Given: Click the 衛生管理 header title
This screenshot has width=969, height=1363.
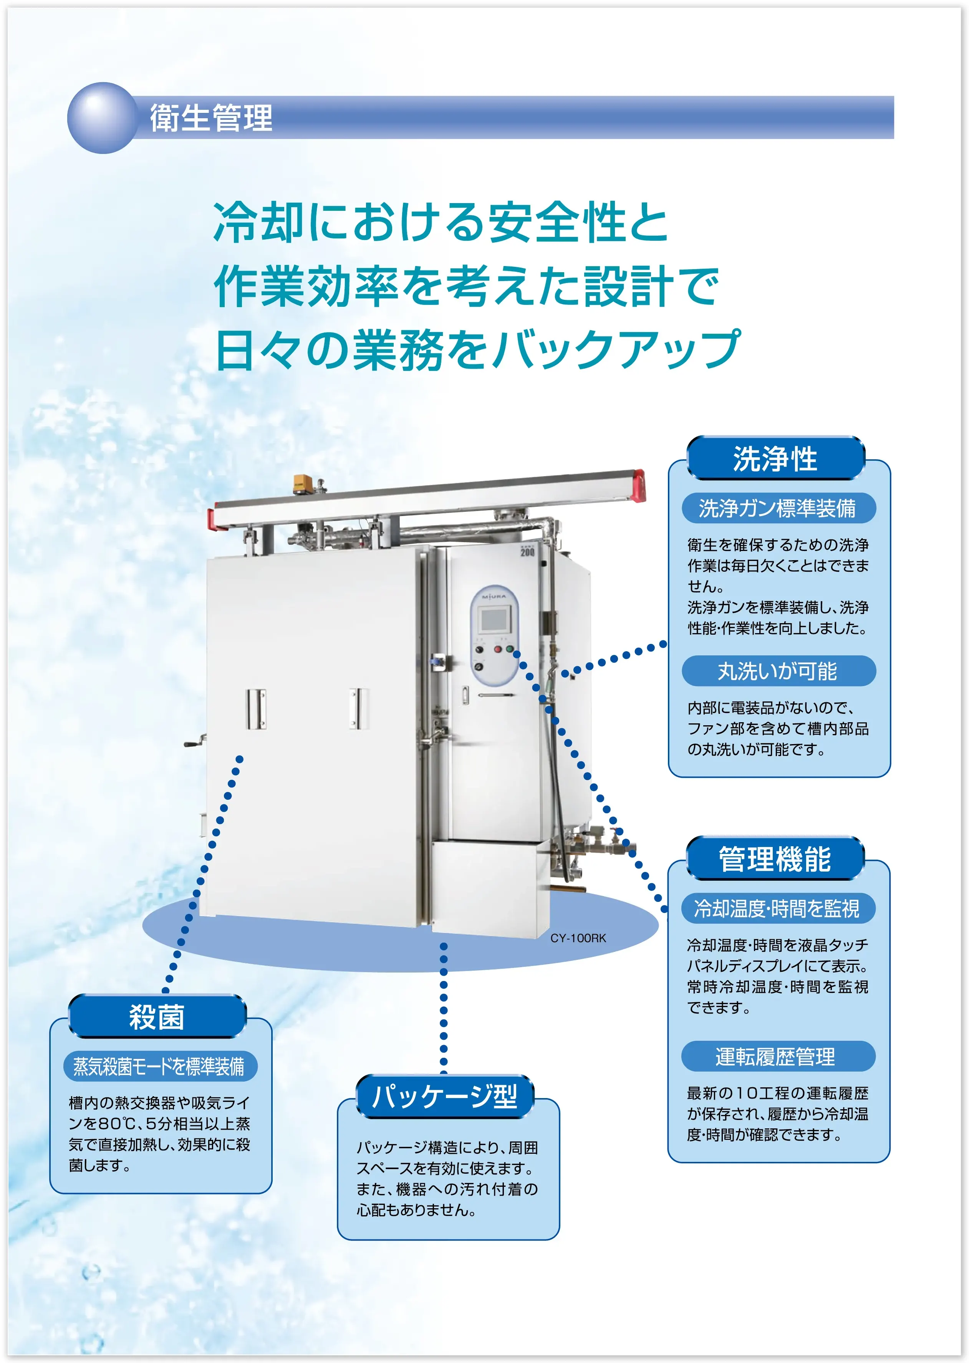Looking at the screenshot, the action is coord(211,117).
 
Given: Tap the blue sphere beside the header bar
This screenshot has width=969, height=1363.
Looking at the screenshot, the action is coord(103,117).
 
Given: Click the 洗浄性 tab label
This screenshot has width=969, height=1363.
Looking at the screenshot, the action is coord(775,459).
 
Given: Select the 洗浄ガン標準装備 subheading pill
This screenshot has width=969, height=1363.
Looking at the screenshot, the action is coord(778,508).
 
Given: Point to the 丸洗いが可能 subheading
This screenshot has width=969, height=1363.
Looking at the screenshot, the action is coord(778,671).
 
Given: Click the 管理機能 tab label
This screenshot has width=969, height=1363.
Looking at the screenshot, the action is coord(775,859).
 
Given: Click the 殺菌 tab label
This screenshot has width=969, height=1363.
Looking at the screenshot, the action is coord(157,1016).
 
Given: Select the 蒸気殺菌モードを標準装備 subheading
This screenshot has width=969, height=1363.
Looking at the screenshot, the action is coord(160,1066).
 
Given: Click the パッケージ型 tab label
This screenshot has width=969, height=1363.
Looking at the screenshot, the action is coord(445,1097).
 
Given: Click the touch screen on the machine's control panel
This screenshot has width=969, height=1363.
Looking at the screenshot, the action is coord(494,620).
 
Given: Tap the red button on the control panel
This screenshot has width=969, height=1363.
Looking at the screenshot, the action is coord(498,648).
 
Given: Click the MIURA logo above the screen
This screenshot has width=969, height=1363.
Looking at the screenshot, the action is coord(494,596).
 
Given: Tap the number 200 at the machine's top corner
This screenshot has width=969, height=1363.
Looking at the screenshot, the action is coord(527,551).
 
